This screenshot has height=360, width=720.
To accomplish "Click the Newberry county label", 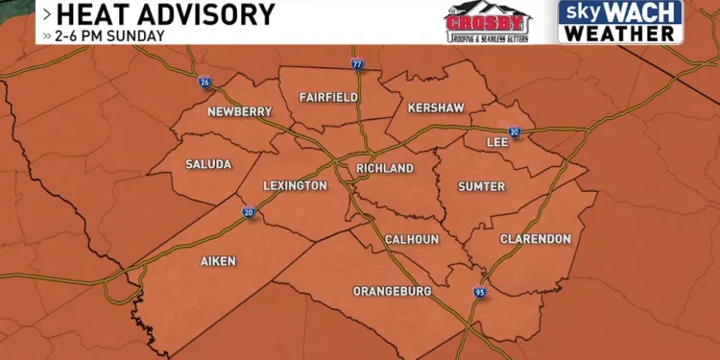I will (239, 111).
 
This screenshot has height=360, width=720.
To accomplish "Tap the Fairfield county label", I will (328, 98).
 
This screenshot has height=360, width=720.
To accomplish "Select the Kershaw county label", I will (435, 108).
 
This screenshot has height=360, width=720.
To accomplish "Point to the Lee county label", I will (497, 140).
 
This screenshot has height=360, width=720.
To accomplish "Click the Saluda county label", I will (208, 164).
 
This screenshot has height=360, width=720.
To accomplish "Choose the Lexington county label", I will (295, 185).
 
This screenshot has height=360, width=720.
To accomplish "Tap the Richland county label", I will (384, 169).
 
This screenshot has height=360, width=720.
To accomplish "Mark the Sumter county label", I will (481, 186).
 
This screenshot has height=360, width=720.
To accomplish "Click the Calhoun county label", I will (411, 239).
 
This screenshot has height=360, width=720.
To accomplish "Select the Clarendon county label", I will (535, 238).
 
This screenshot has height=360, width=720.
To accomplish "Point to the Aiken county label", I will (218, 261).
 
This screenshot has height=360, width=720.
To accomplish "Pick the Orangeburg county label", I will (392, 290).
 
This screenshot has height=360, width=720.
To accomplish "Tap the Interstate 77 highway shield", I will (357, 64).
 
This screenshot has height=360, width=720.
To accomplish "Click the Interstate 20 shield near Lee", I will (514, 132).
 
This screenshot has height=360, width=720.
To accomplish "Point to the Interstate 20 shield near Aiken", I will (249, 212).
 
